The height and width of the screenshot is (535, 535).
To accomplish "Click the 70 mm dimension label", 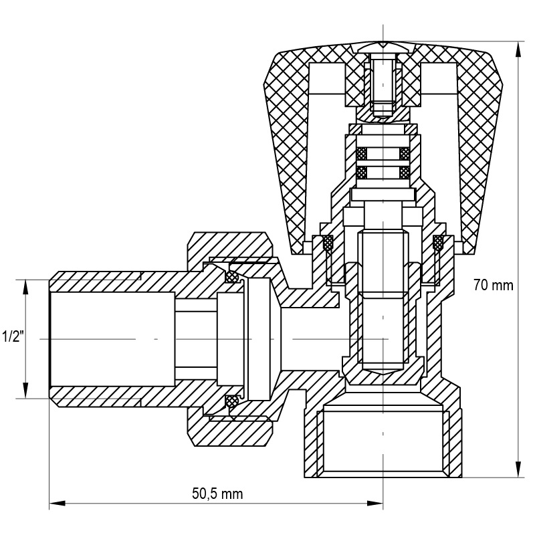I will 494,286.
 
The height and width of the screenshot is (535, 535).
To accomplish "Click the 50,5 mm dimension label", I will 217,494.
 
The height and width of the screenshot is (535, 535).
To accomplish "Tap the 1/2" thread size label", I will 13,336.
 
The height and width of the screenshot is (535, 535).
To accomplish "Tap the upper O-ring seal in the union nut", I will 231,276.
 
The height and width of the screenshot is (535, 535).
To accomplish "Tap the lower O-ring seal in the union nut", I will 231,401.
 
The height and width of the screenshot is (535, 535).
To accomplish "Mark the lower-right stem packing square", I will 404,172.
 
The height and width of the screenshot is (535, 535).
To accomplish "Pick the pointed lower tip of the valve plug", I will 383,370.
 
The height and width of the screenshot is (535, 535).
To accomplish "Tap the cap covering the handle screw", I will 383,47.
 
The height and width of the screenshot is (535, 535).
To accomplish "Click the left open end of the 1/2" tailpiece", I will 52,338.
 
